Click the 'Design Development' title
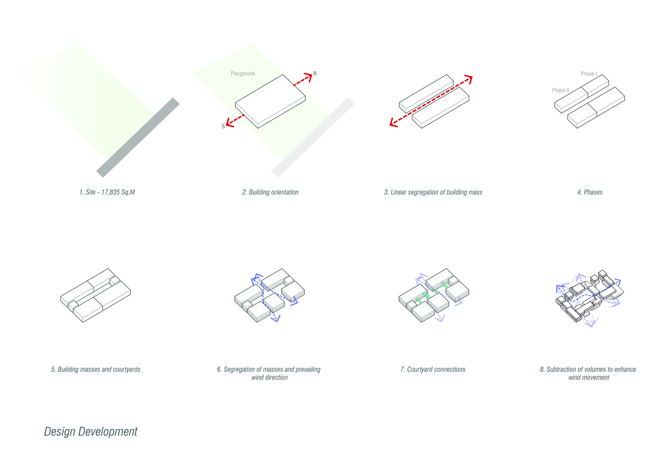[x=91, y=432]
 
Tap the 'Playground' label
[x=242, y=74]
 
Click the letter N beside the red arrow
[x=315, y=73]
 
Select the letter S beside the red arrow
[x=223, y=126]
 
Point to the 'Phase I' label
[x=589, y=74]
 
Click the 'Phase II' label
[x=560, y=90]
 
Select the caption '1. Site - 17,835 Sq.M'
[x=107, y=192]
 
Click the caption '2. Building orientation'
[x=270, y=192]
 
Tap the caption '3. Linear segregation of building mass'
[x=433, y=192]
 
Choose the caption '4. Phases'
[x=590, y=192]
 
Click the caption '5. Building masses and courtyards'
[x=96, y=370]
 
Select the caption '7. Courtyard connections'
[x=433, y=370]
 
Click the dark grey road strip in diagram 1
[x=138, y=137]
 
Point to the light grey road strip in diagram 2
[x=313, y=137]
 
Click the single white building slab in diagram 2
[x=270, y=101]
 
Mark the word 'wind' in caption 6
[x=258, y=378]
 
